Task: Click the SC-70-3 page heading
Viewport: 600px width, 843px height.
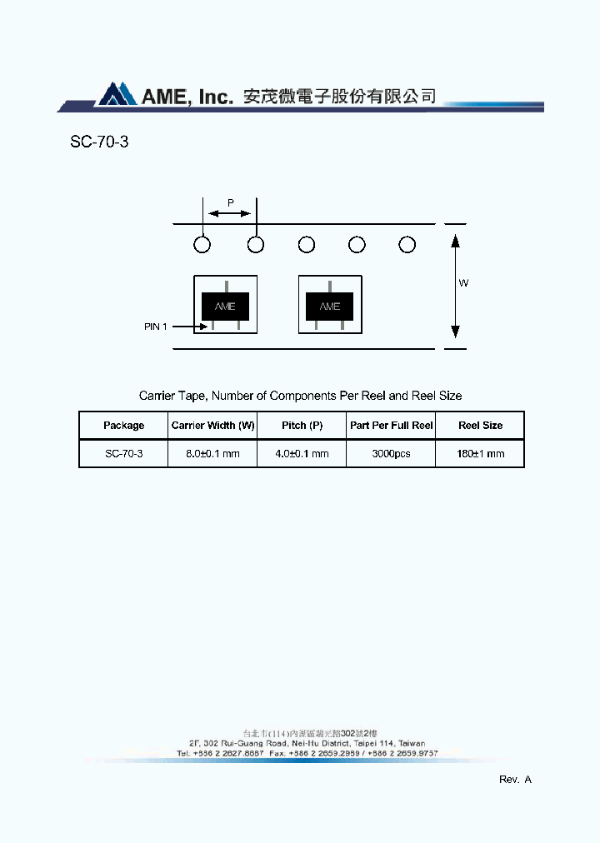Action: [x=99, y=142]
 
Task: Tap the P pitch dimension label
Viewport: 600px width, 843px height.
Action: [x=231, y=202]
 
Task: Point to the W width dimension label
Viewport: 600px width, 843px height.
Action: [x=463, y=283]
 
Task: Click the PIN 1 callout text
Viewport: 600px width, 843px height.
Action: [x=156, y=327]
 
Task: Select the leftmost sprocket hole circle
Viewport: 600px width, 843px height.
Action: [x=202, y=245]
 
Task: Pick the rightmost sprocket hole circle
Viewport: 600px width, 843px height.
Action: [x=407, y=245]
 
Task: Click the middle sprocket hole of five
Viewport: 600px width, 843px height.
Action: [x=307, y=245]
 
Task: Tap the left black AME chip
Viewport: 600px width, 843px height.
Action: [x=225, y=306]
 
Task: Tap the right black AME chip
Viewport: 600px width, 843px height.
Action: [x=330, y=306]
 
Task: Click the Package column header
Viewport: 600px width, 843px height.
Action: [x=123, y=426]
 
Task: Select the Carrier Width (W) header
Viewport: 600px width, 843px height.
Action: [x=212, y=426]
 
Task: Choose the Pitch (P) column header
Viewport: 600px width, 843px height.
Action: [x=302, y=426]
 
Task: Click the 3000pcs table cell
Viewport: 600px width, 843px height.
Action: [x=391, y=454]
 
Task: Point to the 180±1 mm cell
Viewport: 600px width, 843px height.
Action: [x=481, y=454]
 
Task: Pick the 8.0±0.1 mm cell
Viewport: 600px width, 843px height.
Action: [x=212, y=454]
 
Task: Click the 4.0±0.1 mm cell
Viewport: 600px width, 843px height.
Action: [x=302, y=454]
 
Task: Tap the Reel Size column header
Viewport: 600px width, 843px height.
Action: [x=481, y=426]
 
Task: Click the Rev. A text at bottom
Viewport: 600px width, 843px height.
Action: [x=515, y=780]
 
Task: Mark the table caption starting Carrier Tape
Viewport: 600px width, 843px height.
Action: [x=300, y=396]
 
